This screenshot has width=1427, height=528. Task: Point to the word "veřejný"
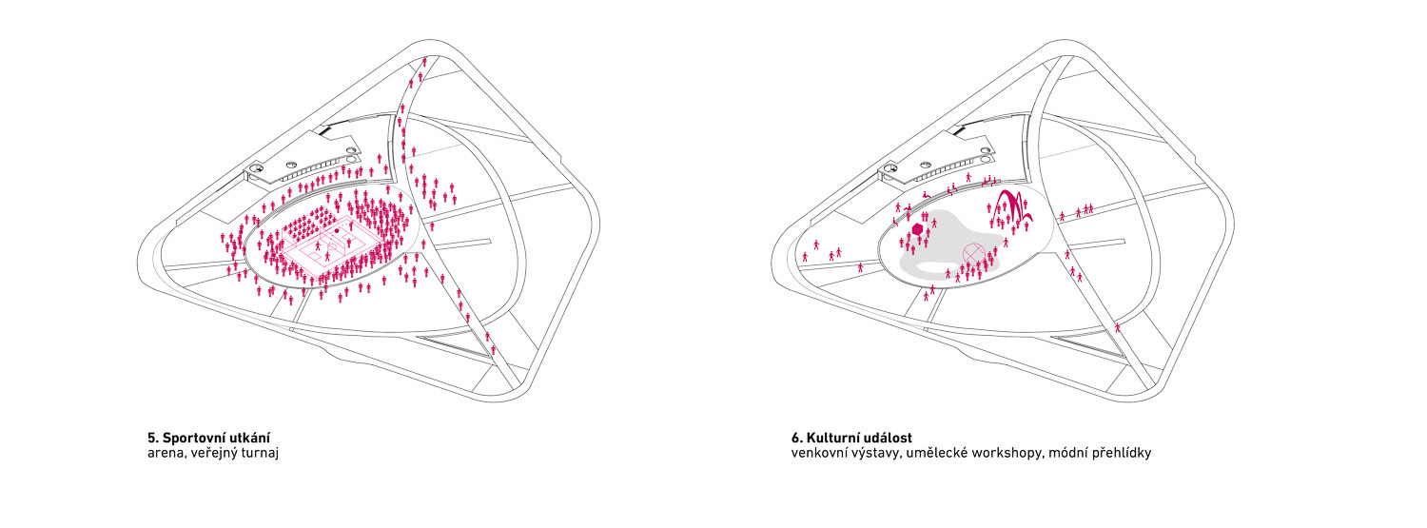pyautogui.click(x=214, y=454)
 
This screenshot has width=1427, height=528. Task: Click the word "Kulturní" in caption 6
pyautogui.click(x=834, y=439)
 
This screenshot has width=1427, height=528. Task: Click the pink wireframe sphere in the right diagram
pyautogui.click(x=972, y=253)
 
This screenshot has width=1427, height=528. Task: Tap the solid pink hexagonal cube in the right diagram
pyautogui.click(x=918, y=229)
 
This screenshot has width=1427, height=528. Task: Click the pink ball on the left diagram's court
pyautogui.click(x=337, y=229)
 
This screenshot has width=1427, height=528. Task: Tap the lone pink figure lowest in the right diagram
pyautogui.click(x=1118, y=326)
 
